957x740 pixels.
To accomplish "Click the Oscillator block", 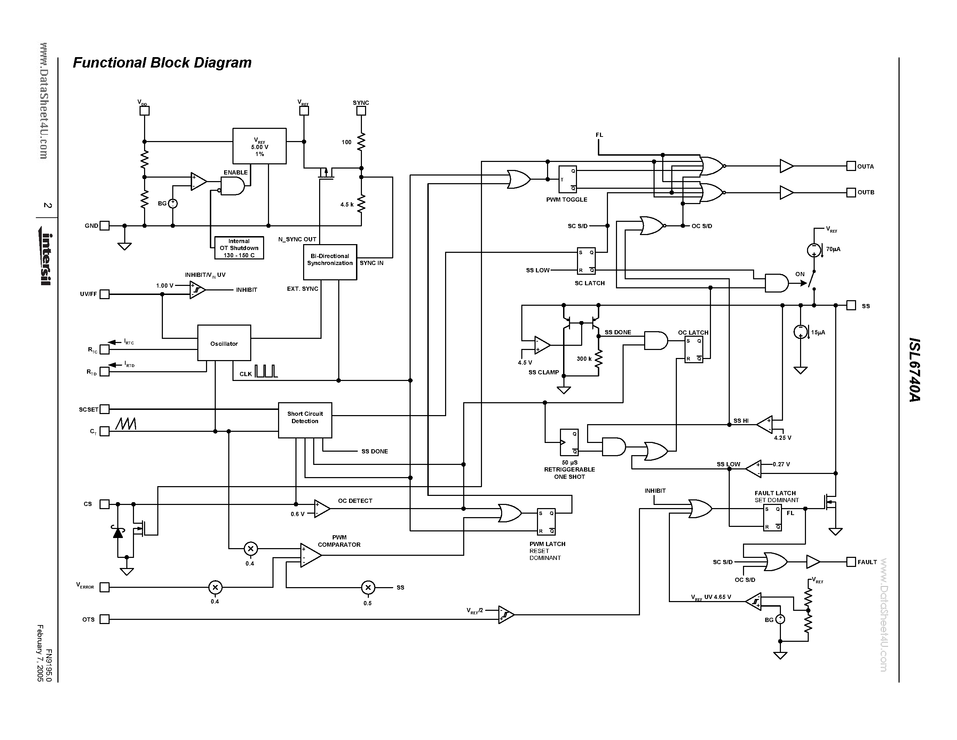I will pos(224,343).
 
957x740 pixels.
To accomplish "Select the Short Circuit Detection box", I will pos(305,420).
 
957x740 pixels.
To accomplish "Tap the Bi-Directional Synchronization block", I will pos(330,262).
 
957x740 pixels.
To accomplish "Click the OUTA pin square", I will pos(851,166).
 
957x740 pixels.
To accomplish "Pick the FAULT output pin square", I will pos(851,562).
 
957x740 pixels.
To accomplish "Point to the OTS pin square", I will pos(104,619).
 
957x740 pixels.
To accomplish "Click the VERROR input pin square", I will pos(104,587).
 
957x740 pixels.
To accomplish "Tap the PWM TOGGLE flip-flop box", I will pos(568,179).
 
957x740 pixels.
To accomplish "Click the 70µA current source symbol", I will pos(814,250).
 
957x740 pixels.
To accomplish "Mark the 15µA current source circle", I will pos(800,332).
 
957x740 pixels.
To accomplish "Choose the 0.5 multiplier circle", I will pos(367,587).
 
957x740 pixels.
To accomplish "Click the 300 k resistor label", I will pos(584,359).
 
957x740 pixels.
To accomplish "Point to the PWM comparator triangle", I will pos(310,555).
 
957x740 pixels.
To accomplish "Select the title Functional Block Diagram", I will pos(162,63).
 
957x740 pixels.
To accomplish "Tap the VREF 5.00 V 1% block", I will pos(259,146).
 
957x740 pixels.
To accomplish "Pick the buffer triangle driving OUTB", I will pos(786,193).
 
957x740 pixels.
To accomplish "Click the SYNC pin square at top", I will pos(361,111).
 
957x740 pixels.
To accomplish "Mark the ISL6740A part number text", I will pos(915,369).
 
